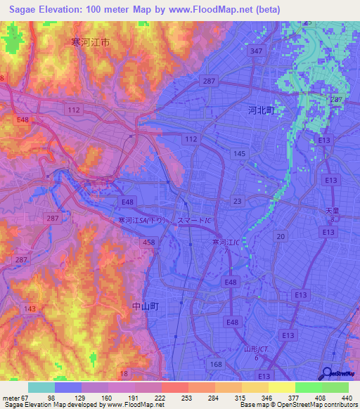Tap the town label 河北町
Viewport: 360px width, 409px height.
tap(262, 110)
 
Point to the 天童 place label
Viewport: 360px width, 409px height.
tap(332, 212)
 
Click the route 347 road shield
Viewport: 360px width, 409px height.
tap(257, 51)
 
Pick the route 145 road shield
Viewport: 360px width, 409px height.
tap(239, 153)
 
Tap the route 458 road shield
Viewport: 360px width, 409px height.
tap(149, 242)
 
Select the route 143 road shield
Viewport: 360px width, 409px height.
tap(30, 309)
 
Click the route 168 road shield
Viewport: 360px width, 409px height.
tap(216, 363)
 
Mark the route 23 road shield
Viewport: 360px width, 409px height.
tap(238, 201)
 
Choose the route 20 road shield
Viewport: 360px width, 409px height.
tap(281, 237)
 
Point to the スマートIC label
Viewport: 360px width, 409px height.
tap(195, 220)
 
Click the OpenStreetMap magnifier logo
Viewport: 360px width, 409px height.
tap(327, 373)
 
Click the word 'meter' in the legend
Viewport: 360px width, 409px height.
tap(12, 398)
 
